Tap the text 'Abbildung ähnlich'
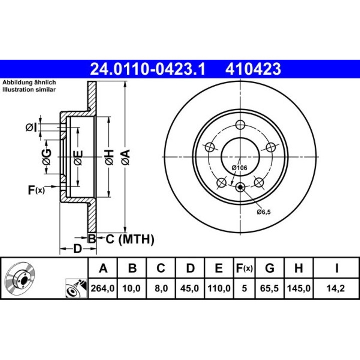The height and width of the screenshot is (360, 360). point(29,82)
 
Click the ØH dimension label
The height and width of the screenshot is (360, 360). point(109,157)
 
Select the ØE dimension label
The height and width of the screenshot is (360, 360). point(78,157)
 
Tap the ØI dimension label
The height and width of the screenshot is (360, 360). point(31,128)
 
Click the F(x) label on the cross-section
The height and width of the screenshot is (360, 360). point(36,189)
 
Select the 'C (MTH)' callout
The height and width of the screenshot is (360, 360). point(129,239)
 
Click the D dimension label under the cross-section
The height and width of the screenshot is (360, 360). point(77,248)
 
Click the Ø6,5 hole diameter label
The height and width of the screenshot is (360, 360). point(264,212)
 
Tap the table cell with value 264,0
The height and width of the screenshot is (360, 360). point(103,288)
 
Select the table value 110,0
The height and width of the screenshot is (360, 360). point(218,288)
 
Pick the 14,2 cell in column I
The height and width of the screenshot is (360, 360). point(337,288)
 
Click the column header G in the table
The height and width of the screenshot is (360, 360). point(270,269)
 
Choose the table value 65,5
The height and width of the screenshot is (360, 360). point(270,288)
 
